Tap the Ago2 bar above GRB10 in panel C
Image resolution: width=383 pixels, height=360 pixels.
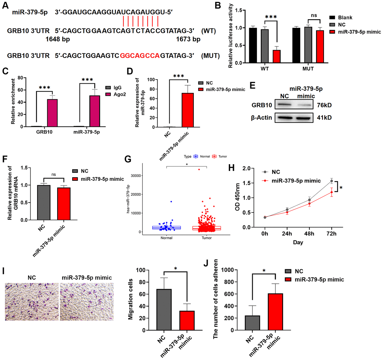point(52,113)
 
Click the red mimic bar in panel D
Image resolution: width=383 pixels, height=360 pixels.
point(188,110)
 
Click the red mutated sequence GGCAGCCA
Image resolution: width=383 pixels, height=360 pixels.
point(140,56)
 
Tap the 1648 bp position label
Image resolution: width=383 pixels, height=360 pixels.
point(58,39)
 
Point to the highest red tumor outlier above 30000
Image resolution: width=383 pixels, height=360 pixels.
point(199,170)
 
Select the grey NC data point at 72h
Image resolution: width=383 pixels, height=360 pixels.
point(332,181)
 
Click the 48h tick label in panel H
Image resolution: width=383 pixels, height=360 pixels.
point(309,234)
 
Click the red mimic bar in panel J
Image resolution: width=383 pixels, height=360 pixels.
point(275,311)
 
